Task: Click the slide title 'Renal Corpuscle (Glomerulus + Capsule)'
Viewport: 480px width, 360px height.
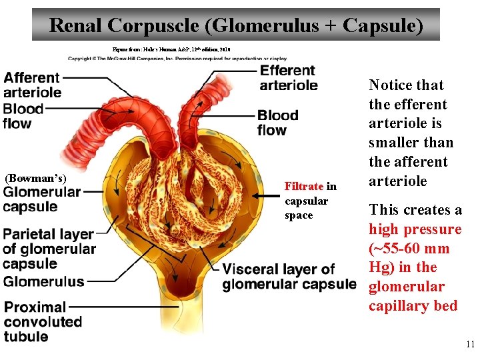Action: coord(236,25)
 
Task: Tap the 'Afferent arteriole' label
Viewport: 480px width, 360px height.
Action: coord(32,85)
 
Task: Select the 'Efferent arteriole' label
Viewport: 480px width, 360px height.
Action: coord(288,77)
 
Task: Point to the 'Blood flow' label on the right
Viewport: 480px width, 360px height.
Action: coord(277,122)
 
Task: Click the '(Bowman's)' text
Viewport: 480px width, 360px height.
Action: coord(35,178)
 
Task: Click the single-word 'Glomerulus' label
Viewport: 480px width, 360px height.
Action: coord(44,281)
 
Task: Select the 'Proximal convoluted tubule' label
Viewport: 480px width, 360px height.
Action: coord(43,321)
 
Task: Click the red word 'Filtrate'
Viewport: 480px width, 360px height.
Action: coord(304,187)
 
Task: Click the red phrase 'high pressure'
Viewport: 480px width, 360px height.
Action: coord(415,229)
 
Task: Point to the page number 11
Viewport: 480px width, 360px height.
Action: coord(470,345)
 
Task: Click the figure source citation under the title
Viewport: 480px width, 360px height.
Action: coord(171,49)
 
